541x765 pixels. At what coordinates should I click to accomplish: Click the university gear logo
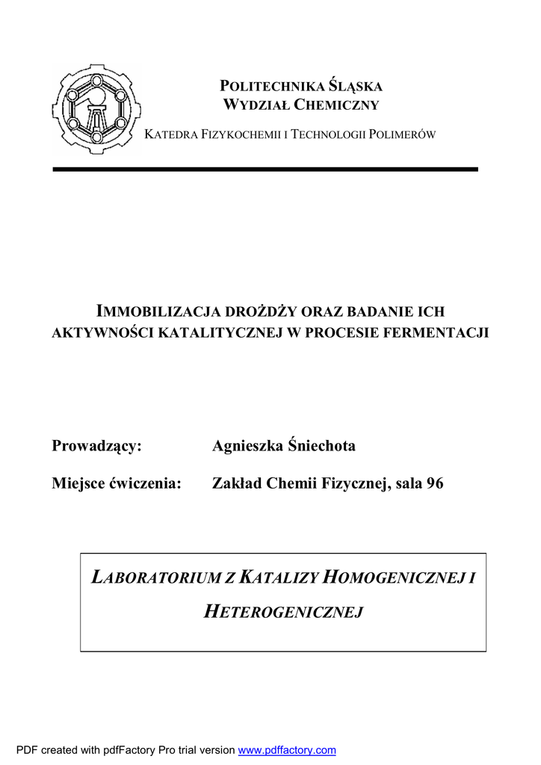point(96,109)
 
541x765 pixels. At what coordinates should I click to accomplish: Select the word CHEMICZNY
point(337,105)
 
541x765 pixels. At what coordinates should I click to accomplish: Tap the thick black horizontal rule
point(265,170)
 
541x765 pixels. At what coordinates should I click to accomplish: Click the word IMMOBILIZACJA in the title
point(149,311)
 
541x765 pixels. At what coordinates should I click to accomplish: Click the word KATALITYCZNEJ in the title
point(220,331)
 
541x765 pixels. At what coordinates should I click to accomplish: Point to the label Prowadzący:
point(96,446)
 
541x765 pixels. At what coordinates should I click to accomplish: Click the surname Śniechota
point(321,446)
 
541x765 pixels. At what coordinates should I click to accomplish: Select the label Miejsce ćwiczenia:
point(117,484)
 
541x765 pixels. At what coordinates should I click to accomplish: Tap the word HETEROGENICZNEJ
point(283,613)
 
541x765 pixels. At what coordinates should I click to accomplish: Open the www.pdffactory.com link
point(287,750)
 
